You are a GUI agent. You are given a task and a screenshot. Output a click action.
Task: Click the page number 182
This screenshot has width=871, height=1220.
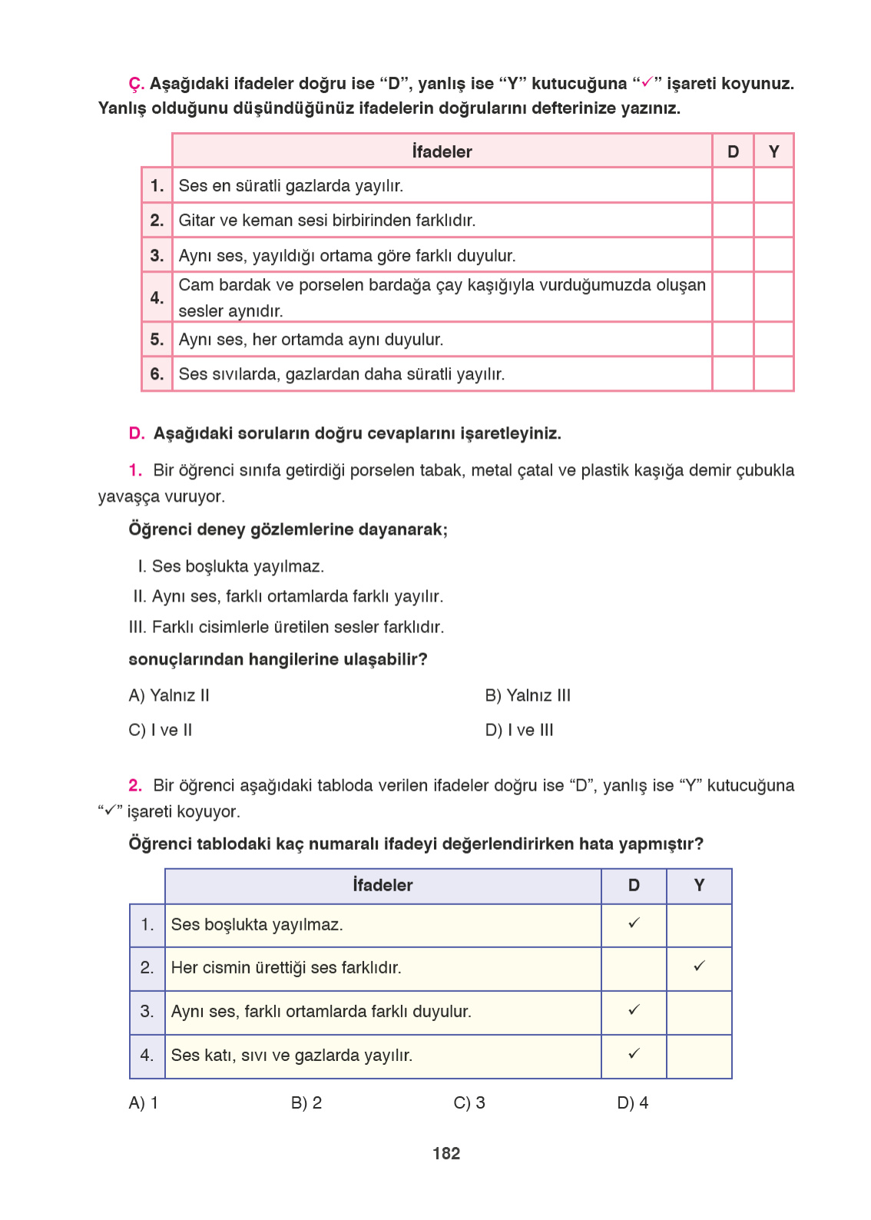446,1153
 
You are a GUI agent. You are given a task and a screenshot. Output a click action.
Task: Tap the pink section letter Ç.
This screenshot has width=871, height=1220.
136,84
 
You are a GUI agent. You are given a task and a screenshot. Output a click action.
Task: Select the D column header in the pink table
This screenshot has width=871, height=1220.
733,151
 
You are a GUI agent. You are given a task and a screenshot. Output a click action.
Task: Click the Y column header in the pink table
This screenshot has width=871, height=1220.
773,151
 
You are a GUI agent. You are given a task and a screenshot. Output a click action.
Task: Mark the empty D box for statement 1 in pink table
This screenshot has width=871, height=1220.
733,185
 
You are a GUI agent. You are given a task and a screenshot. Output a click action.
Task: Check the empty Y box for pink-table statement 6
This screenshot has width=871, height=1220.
773,374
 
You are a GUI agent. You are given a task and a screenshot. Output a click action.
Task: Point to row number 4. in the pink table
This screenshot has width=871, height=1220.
157,297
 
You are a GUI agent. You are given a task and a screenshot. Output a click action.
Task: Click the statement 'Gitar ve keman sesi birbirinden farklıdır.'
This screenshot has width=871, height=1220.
327,220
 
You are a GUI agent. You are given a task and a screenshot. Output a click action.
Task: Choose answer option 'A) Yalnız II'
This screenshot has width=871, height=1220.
169,695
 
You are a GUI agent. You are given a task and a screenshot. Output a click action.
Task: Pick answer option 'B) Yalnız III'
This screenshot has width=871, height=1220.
528,695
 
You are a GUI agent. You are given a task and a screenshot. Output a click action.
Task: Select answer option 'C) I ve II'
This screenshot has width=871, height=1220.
161,730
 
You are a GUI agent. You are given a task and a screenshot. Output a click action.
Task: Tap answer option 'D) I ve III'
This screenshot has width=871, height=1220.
519,730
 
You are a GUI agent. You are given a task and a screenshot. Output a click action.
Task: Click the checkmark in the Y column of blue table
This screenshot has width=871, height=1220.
699,966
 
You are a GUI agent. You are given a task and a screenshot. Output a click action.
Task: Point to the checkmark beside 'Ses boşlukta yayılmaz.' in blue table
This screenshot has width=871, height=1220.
634,923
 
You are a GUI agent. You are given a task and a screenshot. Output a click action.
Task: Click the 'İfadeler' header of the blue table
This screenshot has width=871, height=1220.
383,885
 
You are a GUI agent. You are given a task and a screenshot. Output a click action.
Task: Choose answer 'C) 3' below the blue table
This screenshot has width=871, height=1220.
469,1102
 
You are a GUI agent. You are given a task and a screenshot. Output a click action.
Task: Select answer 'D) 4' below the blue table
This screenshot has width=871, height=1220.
632,1102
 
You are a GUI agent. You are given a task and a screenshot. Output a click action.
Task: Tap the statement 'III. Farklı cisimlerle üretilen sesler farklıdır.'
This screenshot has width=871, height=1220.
286,627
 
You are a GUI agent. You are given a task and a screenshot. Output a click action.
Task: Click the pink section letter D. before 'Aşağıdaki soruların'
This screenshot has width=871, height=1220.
137,433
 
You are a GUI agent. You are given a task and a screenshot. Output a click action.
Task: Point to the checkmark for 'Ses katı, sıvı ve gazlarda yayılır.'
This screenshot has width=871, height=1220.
634,1053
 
